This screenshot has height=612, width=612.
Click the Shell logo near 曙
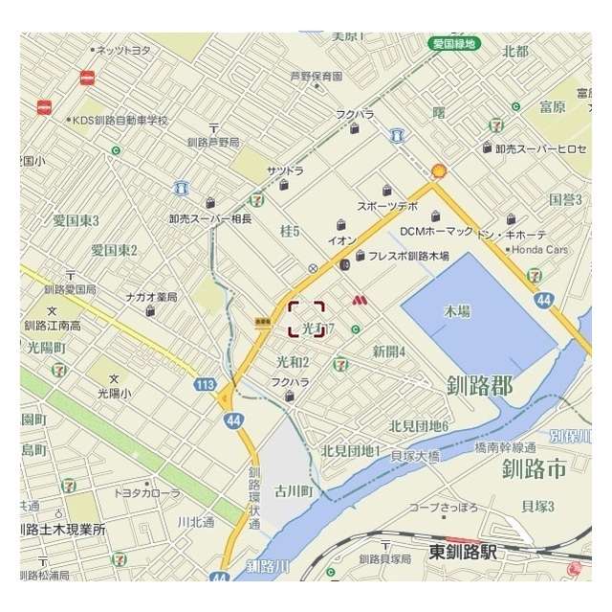(440, 170)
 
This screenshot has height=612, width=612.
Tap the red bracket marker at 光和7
(306, 319)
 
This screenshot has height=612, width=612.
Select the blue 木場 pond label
(458, 312)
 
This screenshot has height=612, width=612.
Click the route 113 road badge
(203, 385)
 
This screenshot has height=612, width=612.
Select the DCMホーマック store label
(436, 231)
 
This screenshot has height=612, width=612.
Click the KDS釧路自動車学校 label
(120, 121)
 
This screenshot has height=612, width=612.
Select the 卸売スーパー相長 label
(209, 219)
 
